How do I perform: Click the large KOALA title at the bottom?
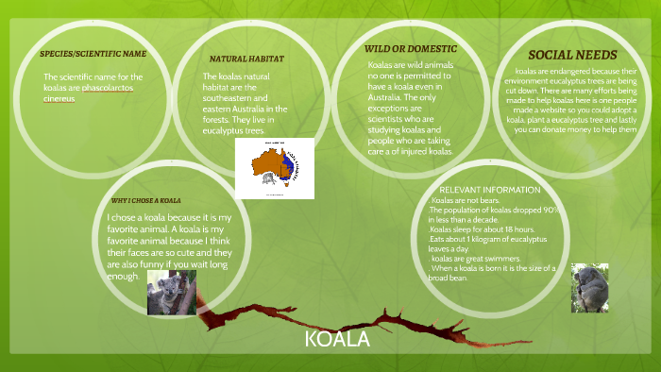click(337, 339)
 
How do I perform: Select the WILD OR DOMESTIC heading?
click(410, 48)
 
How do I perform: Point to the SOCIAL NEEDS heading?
click(572, 55)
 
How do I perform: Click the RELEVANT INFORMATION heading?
click(490, 190)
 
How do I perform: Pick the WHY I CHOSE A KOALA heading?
click(145, 200)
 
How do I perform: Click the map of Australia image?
click(275, 168)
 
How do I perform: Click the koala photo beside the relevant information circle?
click(589, 287)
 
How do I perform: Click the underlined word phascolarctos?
click(110, 87)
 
